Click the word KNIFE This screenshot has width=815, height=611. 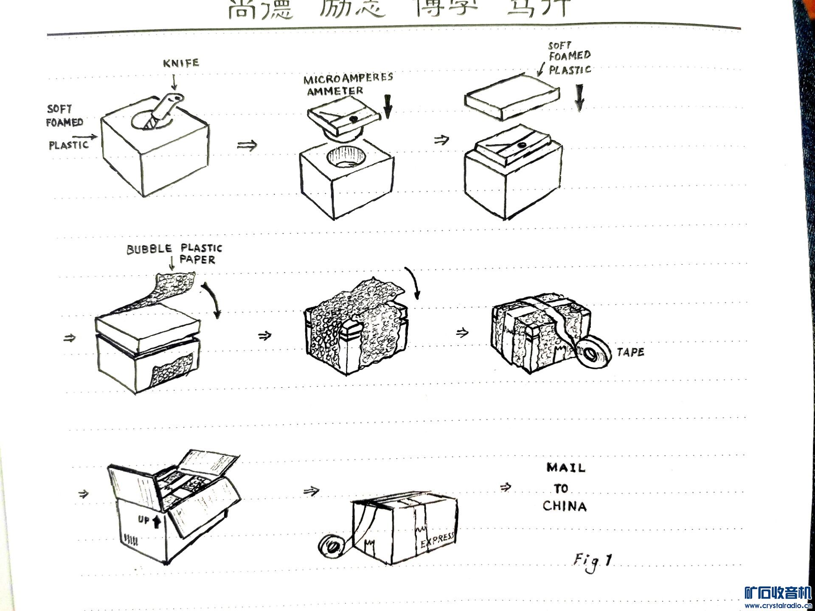point(181,63)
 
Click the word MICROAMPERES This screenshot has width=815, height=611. point(348,78)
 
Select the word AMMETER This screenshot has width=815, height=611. point(335,91)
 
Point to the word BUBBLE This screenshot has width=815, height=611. point(149,249)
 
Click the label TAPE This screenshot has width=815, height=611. point(630,352)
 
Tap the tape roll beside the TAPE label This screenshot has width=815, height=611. point(593,352)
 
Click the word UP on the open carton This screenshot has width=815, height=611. point(143,519)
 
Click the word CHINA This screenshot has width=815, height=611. point(564,506)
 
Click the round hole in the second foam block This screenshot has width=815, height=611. point(346,157)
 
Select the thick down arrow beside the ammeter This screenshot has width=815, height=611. point(387,107)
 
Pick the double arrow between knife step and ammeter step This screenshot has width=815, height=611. point(247,146)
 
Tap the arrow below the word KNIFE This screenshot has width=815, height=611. point(174,82)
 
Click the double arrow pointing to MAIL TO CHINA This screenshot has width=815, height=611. point(505,487)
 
